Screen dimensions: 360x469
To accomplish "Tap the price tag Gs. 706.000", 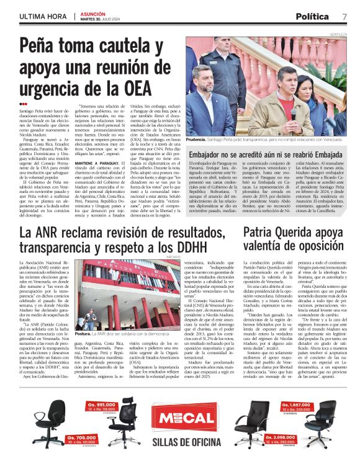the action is click(80, 437).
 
